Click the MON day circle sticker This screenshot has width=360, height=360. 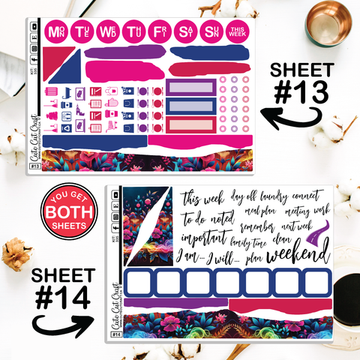tap(55, 32)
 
